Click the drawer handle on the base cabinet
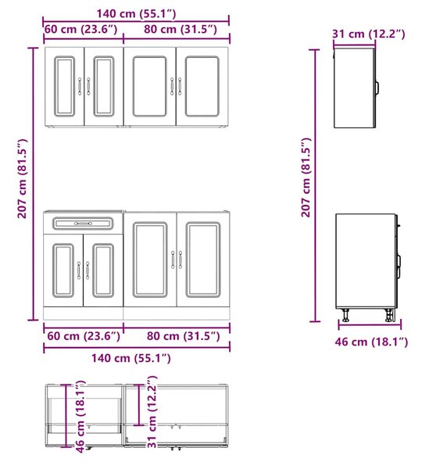(83, 224)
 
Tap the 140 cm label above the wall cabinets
(136, 13)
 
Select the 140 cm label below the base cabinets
(131, 358)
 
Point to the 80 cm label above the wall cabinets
(181, 30)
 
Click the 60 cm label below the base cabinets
(84, 336)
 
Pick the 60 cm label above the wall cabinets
(80, 30)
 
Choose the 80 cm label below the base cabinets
(184, 336)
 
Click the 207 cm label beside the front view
(22, 178)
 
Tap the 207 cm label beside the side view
(306, 177)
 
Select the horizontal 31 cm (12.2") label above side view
(369, 34)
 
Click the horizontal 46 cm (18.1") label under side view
(371, 342)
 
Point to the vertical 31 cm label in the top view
(152, 412)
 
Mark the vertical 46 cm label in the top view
(80, 417)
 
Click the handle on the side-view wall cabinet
(377, 87)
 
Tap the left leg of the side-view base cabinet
(345, 315)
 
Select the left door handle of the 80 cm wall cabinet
(172, 87)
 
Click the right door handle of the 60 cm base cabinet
(88, 270)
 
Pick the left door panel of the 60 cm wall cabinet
(64, 86)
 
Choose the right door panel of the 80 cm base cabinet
(203, 260)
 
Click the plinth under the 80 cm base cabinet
(177, 313)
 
